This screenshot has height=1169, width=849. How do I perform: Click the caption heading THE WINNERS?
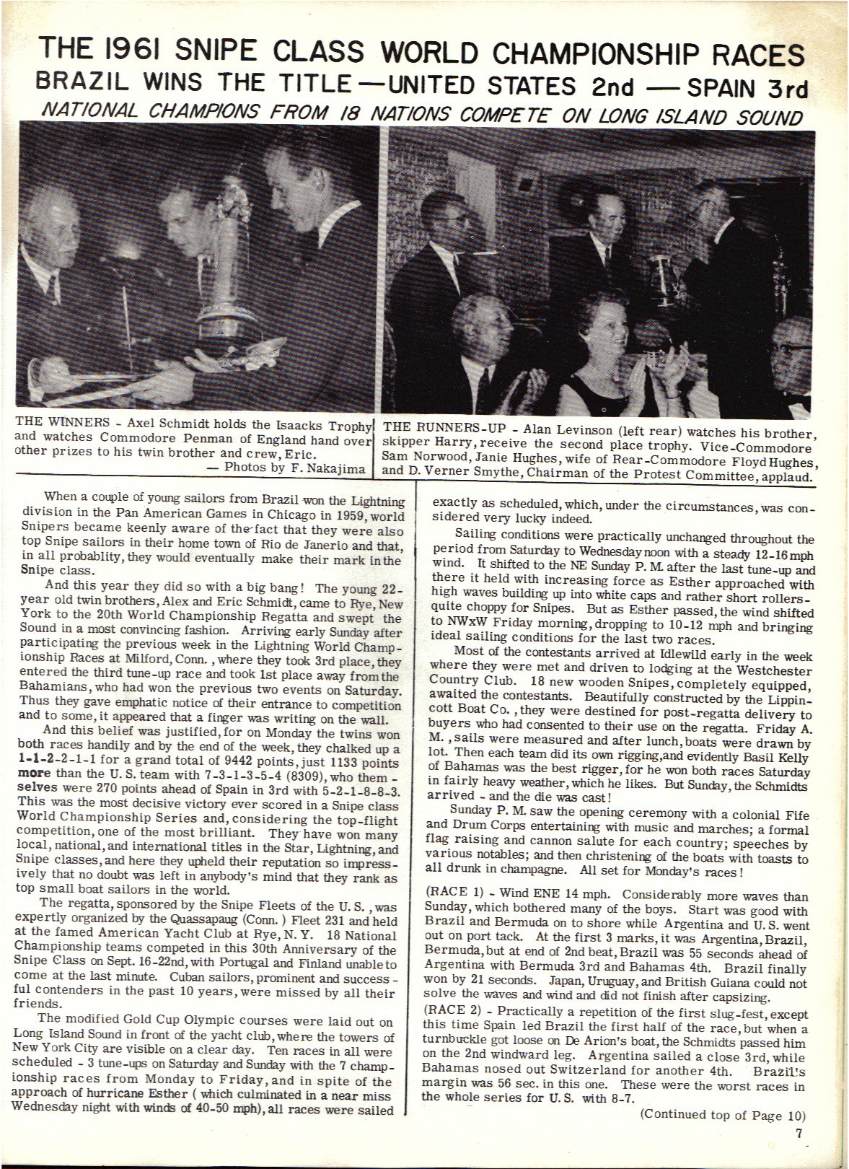63,424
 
